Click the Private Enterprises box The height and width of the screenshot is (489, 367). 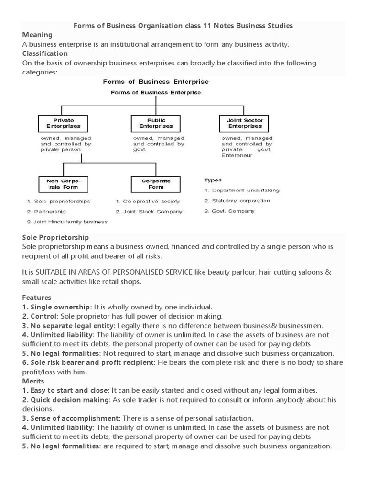coord(60,123)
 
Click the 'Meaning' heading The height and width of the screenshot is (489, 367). coord(37,35)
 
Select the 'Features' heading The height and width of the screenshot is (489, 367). coord(37,297)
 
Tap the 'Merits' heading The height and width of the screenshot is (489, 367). coord(33,381)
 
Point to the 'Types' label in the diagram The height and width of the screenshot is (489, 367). coord(213,180)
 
